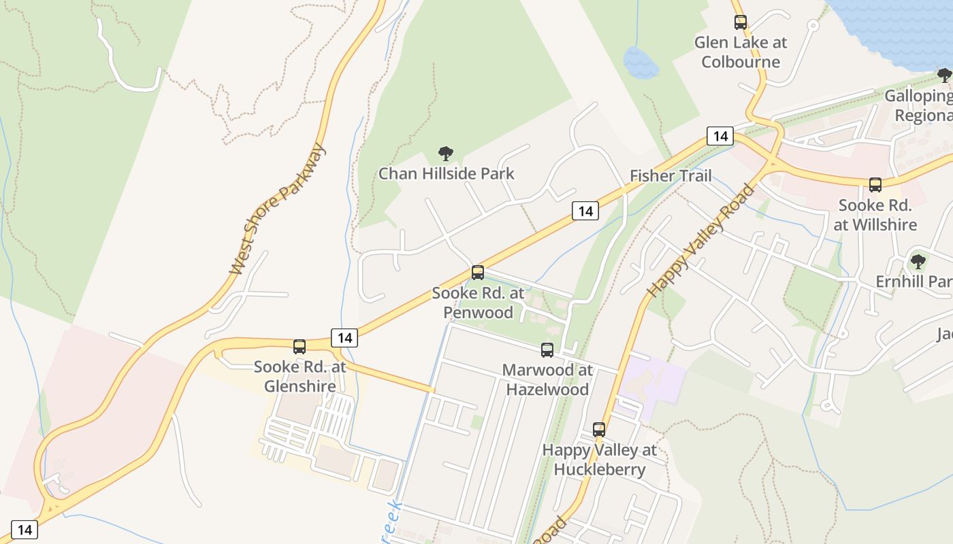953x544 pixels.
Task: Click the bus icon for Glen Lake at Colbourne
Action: [x=741, y=22]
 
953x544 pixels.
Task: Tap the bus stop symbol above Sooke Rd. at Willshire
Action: [x=875, y=184]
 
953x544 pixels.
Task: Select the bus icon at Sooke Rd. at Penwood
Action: [x=478, y=273]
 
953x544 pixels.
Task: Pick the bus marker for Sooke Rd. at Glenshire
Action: [x=300, y=347]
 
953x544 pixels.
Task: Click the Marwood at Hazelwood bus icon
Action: [x=547, y=350]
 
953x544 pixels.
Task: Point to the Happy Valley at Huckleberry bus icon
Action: [x=599, y=430]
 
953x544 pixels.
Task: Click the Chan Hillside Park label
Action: [x=447, y=173]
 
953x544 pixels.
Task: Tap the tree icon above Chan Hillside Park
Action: [x=446, y=154]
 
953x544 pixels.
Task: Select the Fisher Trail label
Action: [x=671, y=175]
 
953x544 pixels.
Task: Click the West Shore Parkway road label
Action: [x=278, y=209]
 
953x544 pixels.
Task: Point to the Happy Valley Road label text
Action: [x=700, y=241]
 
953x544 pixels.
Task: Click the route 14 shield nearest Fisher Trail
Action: [x=720, y=136]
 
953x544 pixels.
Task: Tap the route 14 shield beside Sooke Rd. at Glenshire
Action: [x=344, y=337]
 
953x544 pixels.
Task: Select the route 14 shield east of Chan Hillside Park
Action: [x=585, y=211]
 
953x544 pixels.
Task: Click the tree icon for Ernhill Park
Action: [x=918, y=261]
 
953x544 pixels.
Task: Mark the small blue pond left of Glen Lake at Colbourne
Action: [x=641, y=63]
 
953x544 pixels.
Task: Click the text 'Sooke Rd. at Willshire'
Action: [x=875, y=215]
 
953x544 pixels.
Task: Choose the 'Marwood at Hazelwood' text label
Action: [x=547, y=380]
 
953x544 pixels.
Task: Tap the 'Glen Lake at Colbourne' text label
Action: [x=741, y=52]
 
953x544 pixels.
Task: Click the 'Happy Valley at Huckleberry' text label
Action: [x=600, y=460]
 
